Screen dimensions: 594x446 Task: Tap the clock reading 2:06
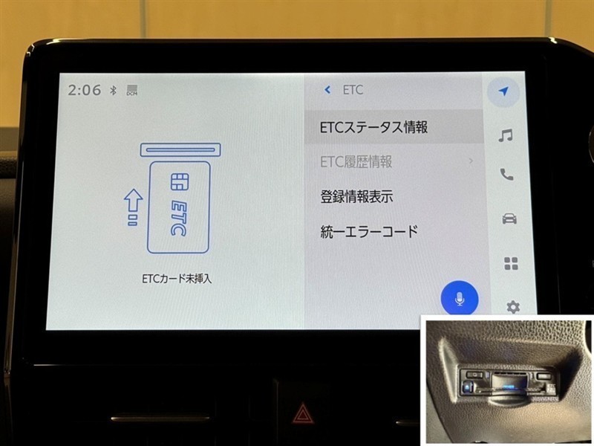85,90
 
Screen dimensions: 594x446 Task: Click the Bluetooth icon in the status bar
113,90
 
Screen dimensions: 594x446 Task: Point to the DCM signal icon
132,90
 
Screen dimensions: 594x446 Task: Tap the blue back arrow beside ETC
327,90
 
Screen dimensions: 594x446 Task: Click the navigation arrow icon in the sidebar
503,91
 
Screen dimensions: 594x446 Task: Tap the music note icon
506,135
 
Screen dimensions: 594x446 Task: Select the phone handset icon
507,175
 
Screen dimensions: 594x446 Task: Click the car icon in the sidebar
509,219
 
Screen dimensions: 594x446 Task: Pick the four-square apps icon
511,264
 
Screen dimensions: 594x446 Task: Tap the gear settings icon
513,307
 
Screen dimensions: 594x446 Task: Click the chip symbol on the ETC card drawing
179,182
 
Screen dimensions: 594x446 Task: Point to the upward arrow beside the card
133,207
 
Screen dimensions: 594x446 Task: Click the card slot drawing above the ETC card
180,150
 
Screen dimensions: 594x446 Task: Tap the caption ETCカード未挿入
177,279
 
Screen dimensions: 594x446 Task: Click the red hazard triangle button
302,413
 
